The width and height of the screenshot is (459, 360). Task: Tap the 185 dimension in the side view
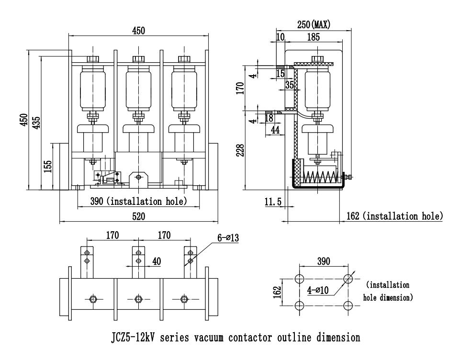click(313, 37)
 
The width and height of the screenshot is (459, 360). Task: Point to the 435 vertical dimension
click(36, 122)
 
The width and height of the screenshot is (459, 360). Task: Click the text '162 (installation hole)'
click(394, 216)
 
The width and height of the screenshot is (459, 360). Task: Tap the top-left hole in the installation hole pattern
click(299, 279)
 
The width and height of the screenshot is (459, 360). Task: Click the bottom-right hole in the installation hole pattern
click(348, 305)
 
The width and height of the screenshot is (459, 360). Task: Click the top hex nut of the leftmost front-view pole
click(92, 59)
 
